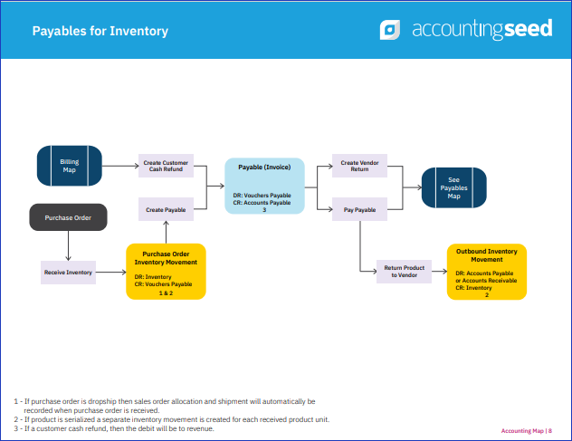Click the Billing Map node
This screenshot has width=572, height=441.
[70, 166]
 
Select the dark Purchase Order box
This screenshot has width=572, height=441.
[68, 217]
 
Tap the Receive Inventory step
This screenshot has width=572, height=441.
[68, 273]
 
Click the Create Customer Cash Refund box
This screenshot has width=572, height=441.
[166, 166]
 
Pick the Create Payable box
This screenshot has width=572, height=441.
[166, 209]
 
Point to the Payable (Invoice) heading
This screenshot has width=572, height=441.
[264, 168]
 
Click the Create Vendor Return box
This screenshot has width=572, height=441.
[359, 166]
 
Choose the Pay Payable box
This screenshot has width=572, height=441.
[359, 209]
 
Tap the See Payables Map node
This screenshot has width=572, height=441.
[454, 187]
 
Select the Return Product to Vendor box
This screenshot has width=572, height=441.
[405, 272]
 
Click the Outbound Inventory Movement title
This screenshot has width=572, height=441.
[487, 255]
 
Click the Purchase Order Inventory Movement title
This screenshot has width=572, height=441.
[166, 258]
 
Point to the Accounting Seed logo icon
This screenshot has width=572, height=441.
[389, 30]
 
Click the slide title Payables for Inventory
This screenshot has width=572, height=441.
[100, 31]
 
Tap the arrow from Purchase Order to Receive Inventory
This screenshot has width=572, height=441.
[68, 245]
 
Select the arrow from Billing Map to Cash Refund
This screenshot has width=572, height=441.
[120, 166]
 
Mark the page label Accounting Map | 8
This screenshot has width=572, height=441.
[527, 431]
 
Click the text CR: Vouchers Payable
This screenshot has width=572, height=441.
[163, 284]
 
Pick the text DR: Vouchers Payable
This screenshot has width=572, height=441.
[262, 196]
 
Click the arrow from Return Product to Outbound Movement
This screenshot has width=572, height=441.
[440, 272]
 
